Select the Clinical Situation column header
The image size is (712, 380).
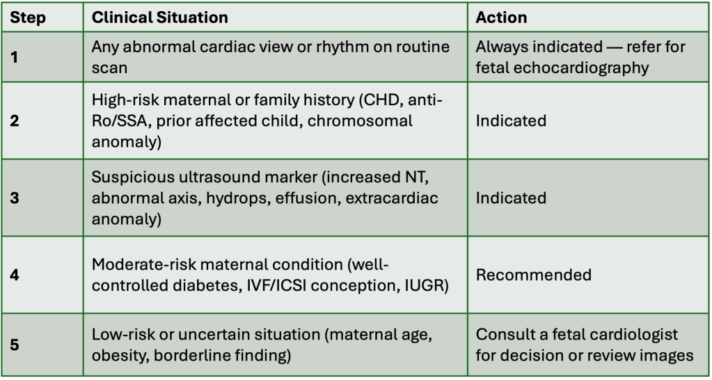click(x=160, y=17)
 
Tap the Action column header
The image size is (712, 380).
click(x=501, y=17)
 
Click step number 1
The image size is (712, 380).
click(x=14, y=57)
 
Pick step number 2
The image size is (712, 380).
click(x=15, y=121)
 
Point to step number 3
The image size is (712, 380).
click(x=15, y=198)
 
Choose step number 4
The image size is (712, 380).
click(x=15, y=275)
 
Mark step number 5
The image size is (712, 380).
click(x=15, y=345)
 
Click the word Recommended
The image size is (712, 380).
click(x=534, y=275)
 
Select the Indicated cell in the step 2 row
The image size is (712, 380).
click(x=511, y=121)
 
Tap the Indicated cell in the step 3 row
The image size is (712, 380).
click(x=511, y=198)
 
